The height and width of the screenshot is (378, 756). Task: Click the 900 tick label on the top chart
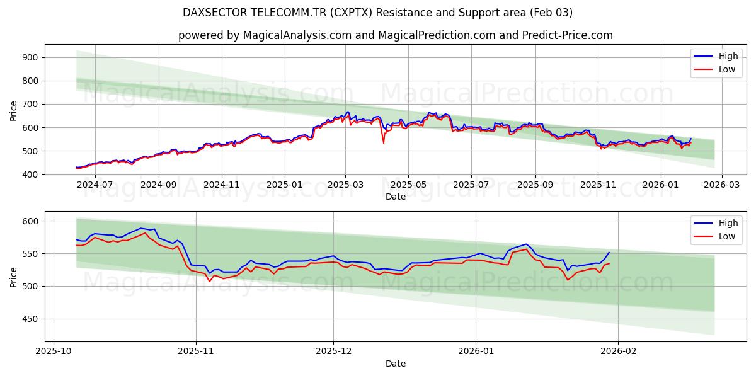30,57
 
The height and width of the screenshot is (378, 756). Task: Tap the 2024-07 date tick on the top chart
95,185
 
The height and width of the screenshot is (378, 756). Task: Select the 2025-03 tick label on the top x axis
345,185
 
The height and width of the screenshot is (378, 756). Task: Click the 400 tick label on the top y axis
30,175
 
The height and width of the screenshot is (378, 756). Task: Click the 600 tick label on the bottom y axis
30,221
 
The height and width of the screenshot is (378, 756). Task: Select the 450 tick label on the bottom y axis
30,319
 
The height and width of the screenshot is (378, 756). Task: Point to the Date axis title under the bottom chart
396,364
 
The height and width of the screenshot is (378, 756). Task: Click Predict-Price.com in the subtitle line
567,35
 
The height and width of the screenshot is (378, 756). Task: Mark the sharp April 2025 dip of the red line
384,142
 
